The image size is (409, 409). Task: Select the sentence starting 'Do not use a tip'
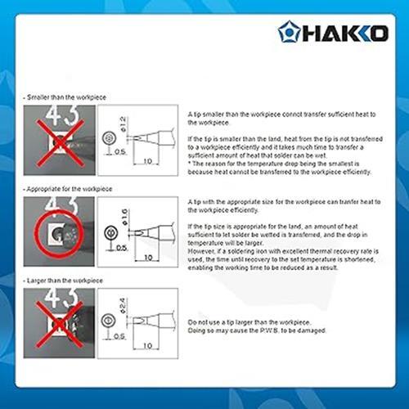pyautogui.click(x=258, y=321)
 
